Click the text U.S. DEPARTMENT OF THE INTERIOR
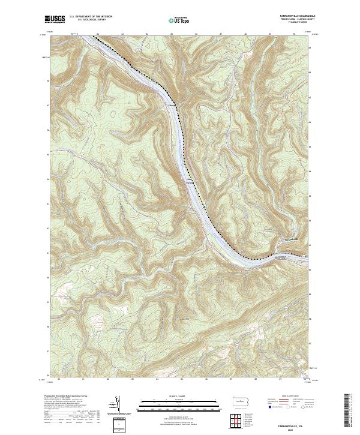(91, 16)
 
